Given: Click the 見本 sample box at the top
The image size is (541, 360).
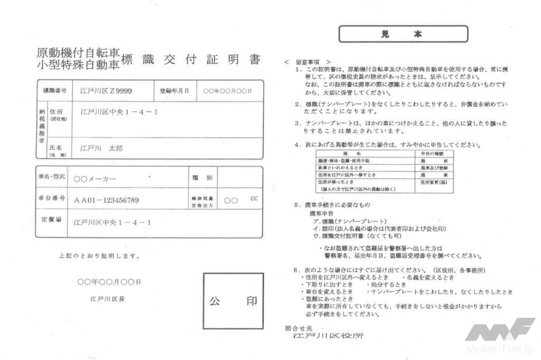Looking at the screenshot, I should pos(403,34).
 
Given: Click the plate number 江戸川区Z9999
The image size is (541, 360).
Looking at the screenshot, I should pos(106,91).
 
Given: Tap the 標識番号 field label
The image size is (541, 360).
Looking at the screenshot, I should pos(54,91).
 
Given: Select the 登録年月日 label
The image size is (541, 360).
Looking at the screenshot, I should pos(174,91).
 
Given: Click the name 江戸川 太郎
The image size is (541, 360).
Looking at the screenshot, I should pos(101,148).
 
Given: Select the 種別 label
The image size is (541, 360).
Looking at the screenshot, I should pos(202,178).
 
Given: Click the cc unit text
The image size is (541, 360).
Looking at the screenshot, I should pos(254,199).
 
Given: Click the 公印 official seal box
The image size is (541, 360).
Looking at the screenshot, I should pos(233,301).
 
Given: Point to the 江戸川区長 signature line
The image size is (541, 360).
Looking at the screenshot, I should pos(108,299).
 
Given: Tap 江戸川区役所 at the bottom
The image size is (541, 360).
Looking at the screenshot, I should pos(328,336).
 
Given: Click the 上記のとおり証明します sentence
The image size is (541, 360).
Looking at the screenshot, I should pos(99,256).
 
